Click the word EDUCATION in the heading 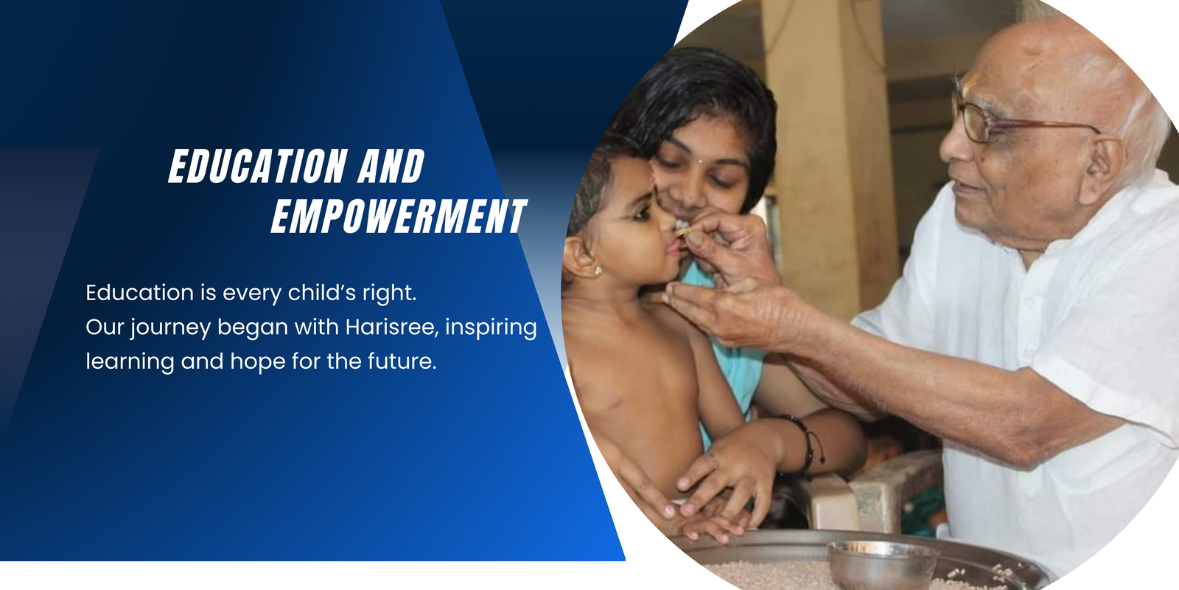coord(258,166)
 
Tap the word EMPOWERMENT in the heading coord(399,216)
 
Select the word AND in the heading coord(391,166)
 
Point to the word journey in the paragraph coord(171,327)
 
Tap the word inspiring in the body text coord(491,327)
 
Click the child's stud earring coord(598,271)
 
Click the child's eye coord(643,213)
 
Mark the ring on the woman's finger coord(712,460)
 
